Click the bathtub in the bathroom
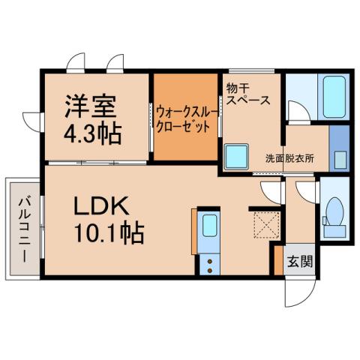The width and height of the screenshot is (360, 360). pos(331,98)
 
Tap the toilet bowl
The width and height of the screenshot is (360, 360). pos(334,213)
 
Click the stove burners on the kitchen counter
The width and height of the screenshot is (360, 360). pos(210,264)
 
